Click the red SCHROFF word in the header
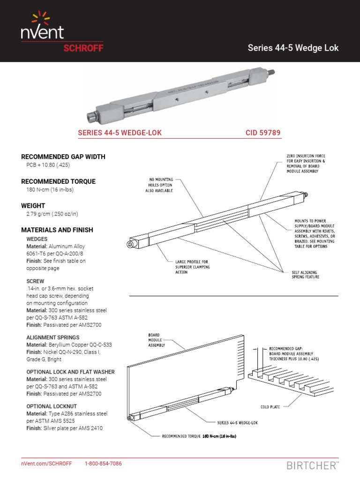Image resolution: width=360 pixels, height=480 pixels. [x=83, y=48]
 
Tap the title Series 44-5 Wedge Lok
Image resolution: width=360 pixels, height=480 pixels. [x=293, y=48]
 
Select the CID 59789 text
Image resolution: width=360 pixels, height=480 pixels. [x=263, y=133]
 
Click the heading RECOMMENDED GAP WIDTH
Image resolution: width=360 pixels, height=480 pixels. [x=63, y=157]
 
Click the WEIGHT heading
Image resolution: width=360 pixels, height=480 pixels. [x=33, y=206]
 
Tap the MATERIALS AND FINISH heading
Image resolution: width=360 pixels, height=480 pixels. [x=57, y=230]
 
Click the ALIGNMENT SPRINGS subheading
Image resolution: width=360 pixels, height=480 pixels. [x=53, y=337]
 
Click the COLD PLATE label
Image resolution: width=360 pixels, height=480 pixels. [x=270, y=407]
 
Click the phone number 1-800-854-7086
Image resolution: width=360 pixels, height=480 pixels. [x=103, y=464]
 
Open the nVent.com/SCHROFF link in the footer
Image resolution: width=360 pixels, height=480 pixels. [x=46, y=464]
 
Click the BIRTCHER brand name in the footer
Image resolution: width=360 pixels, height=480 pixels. [x=311, y=465]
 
